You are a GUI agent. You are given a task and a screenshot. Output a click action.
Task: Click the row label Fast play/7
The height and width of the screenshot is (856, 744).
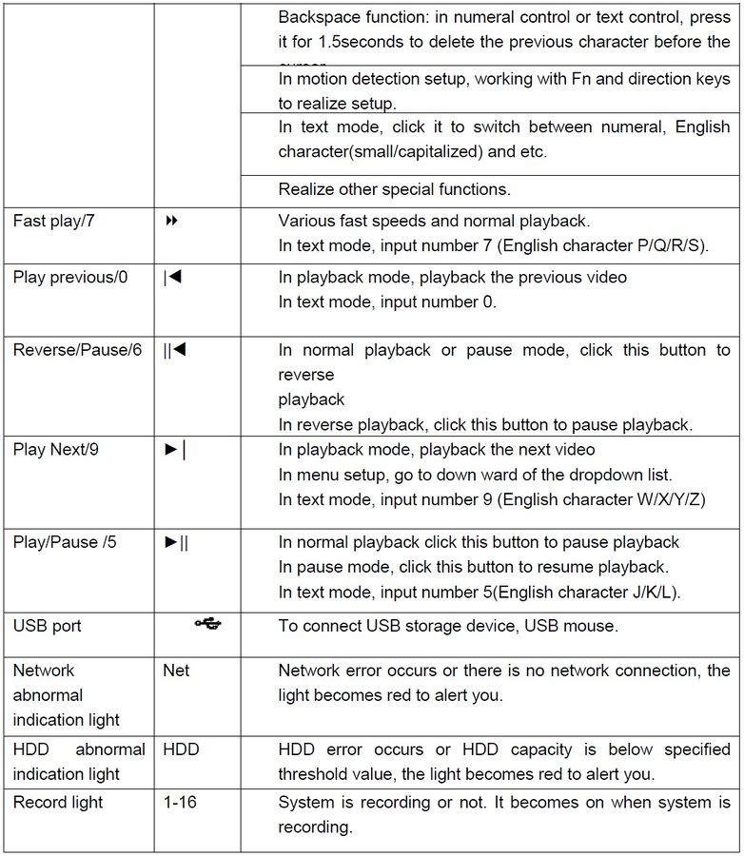pos(53,221)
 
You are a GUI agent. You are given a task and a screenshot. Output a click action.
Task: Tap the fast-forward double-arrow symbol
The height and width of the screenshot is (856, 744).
pos(172,221)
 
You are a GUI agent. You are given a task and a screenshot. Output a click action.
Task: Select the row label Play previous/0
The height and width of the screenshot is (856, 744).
pos(70,278)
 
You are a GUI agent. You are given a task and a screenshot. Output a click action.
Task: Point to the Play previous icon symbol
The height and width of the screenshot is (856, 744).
pos(172,278)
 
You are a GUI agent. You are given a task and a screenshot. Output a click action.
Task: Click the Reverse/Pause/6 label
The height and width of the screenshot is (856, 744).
pos(77,350)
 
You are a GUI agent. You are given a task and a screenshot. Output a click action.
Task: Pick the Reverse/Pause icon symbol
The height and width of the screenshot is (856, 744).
pos(174,350)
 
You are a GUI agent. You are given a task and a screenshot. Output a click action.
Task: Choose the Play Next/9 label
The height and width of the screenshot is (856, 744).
pos(55,449)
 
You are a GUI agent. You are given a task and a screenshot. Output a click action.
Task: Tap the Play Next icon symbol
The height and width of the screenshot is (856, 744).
pos(175,449)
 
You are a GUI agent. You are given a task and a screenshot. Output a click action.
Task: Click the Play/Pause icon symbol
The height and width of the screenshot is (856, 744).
pos(177,542)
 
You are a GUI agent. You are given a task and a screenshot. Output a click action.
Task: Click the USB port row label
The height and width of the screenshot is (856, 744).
pos(48,626)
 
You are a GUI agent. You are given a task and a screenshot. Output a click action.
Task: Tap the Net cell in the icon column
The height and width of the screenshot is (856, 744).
pos(176,671)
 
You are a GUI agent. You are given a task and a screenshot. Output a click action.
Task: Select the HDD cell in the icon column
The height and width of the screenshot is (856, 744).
pos(181,749)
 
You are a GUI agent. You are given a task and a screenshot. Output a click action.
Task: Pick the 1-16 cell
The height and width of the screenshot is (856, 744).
pos(180,803)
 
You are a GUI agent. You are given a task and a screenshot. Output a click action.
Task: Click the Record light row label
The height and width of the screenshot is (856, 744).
pos(58,803)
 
